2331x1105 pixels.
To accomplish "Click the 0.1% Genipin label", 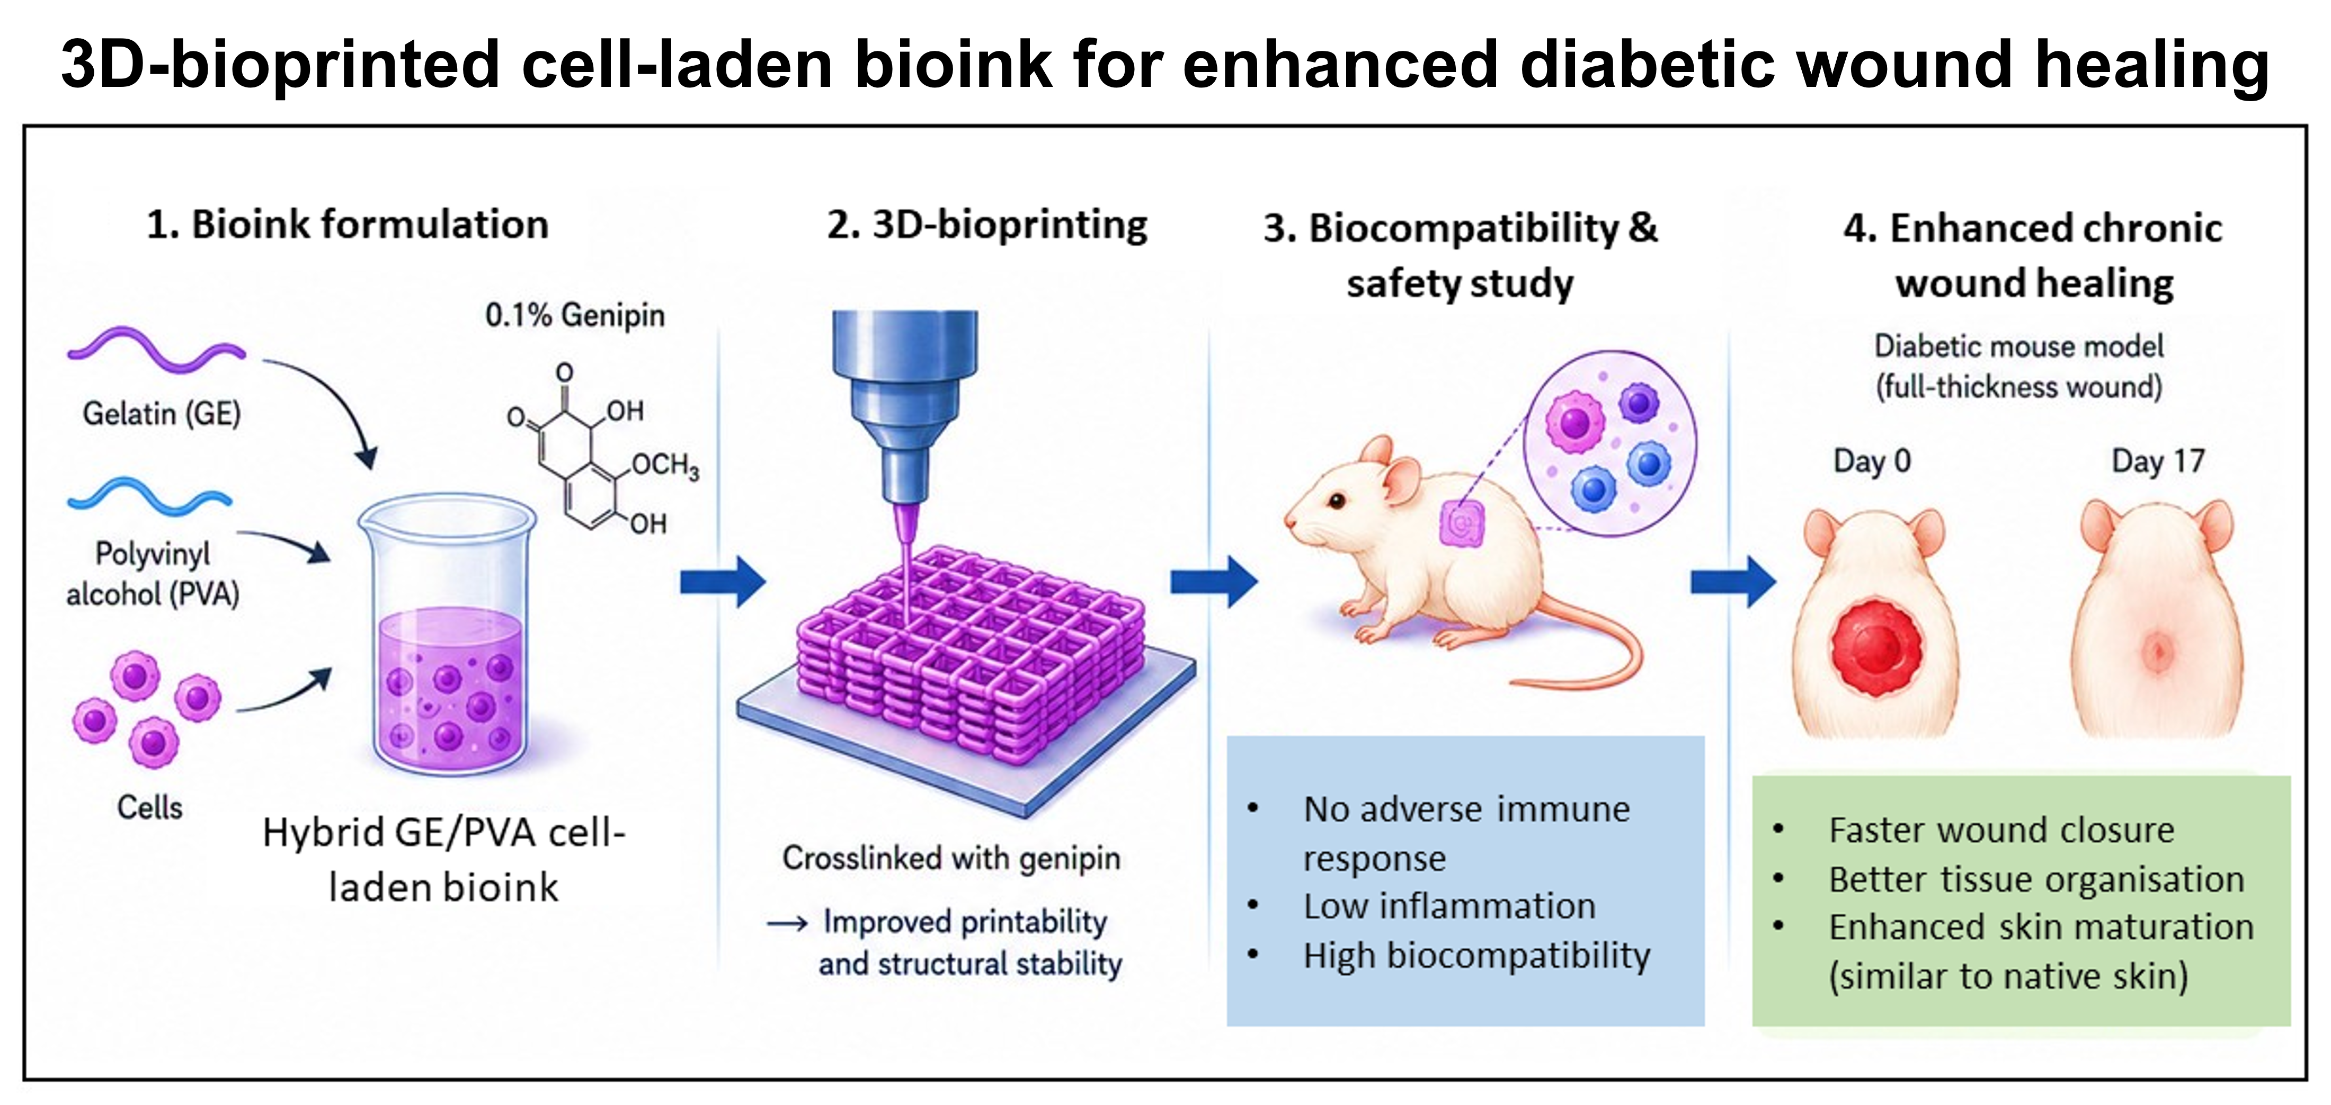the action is [575, 315].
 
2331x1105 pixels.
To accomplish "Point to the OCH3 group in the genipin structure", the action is [665, 466].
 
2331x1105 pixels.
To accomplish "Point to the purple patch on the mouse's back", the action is [1463, 523].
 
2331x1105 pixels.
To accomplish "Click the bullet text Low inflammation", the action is [1449, 906].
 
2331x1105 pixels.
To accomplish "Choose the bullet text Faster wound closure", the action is [2001, 830].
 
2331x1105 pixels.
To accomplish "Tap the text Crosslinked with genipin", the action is [951, 858].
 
